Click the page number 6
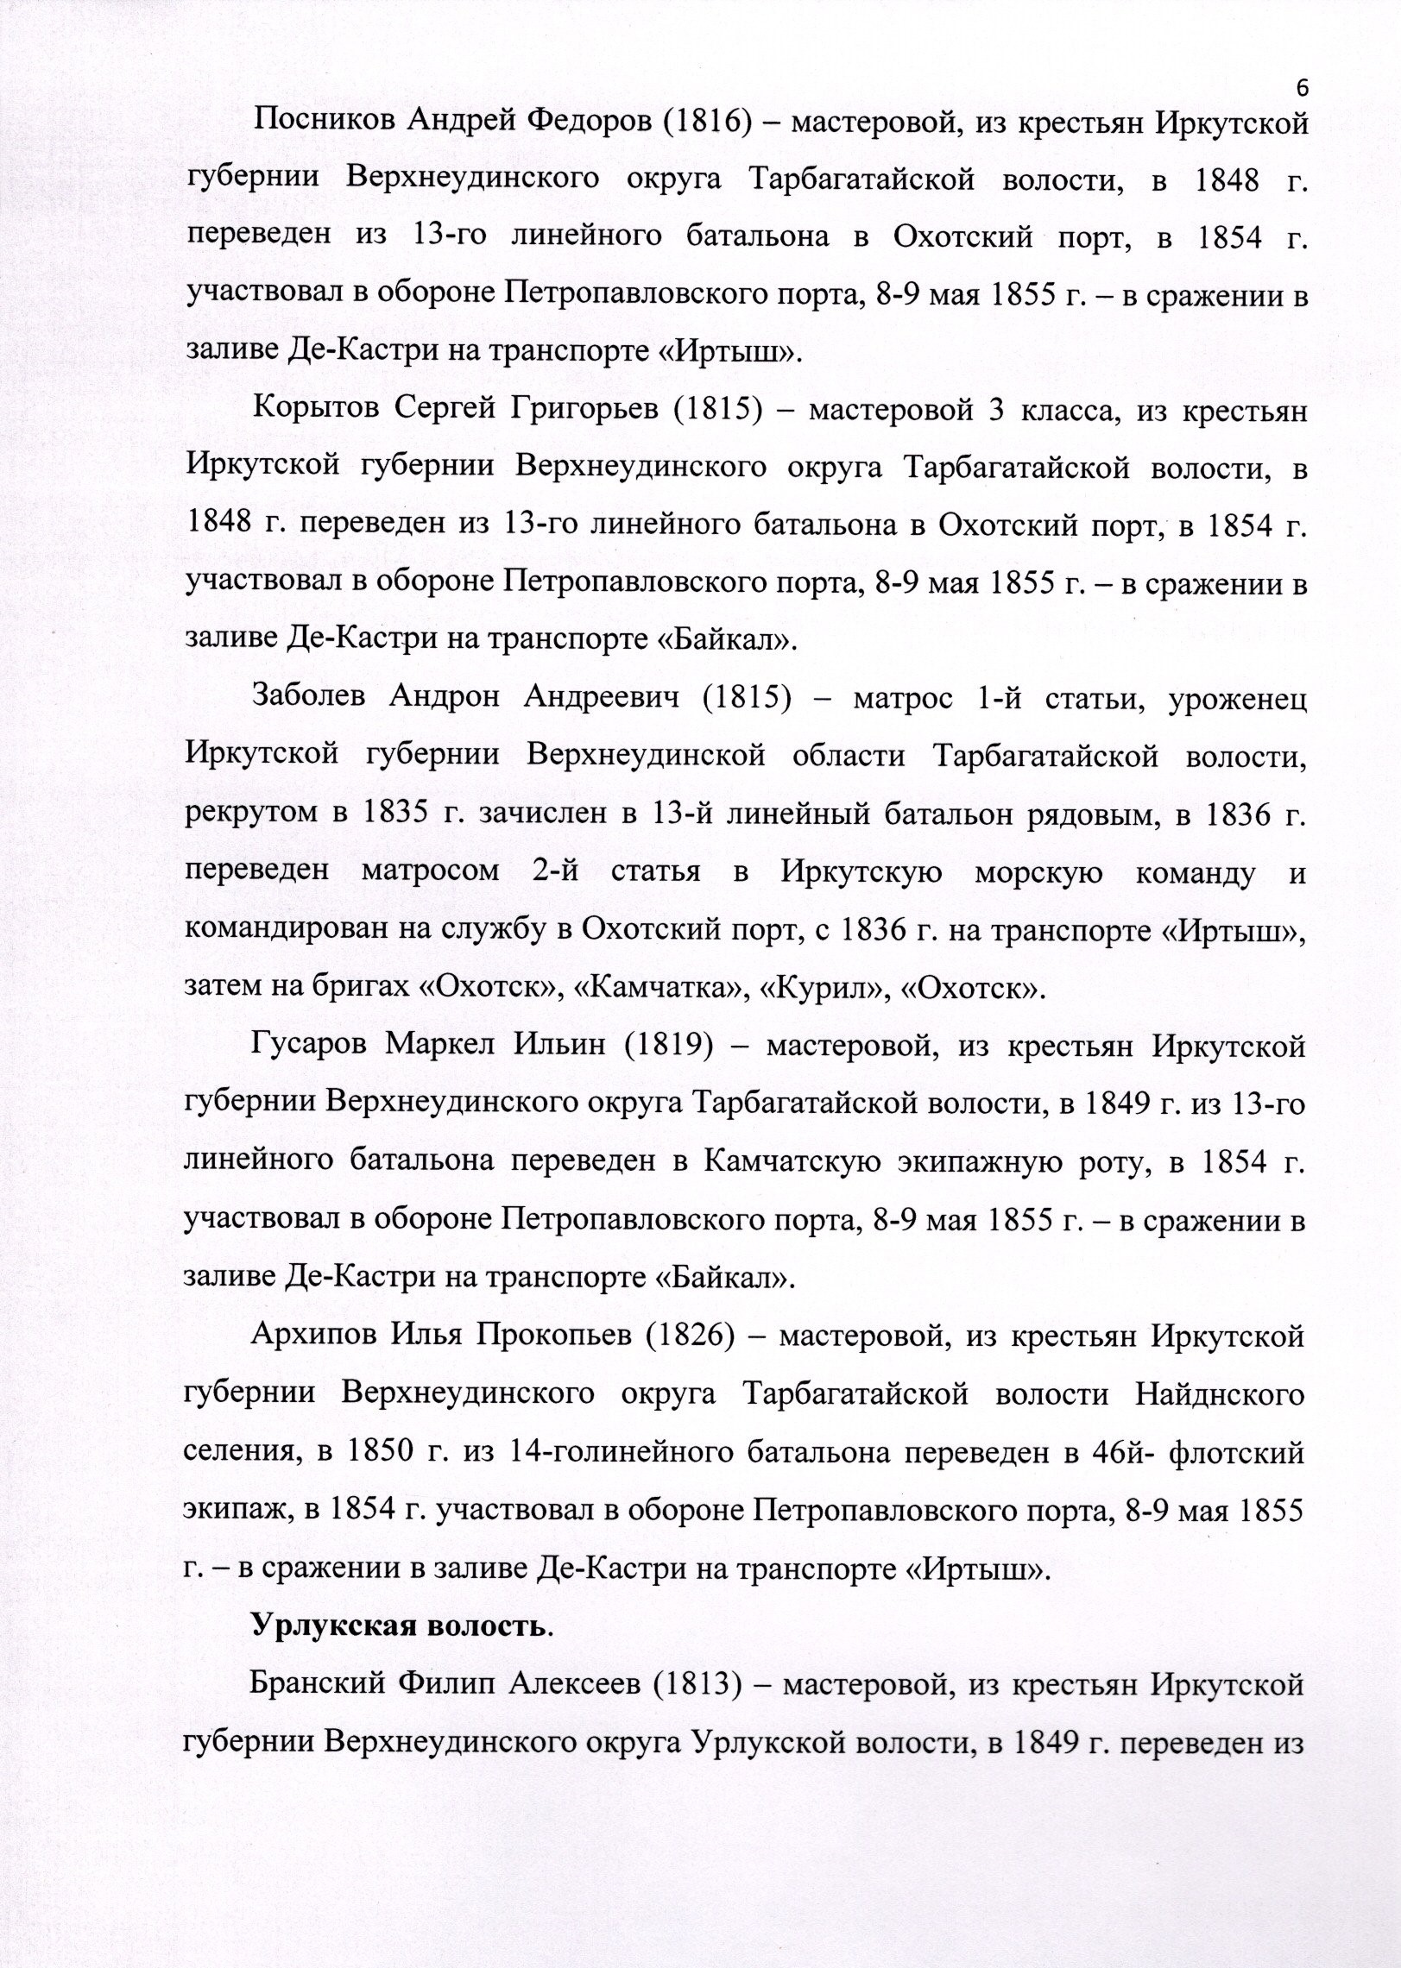point(1303,87)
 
